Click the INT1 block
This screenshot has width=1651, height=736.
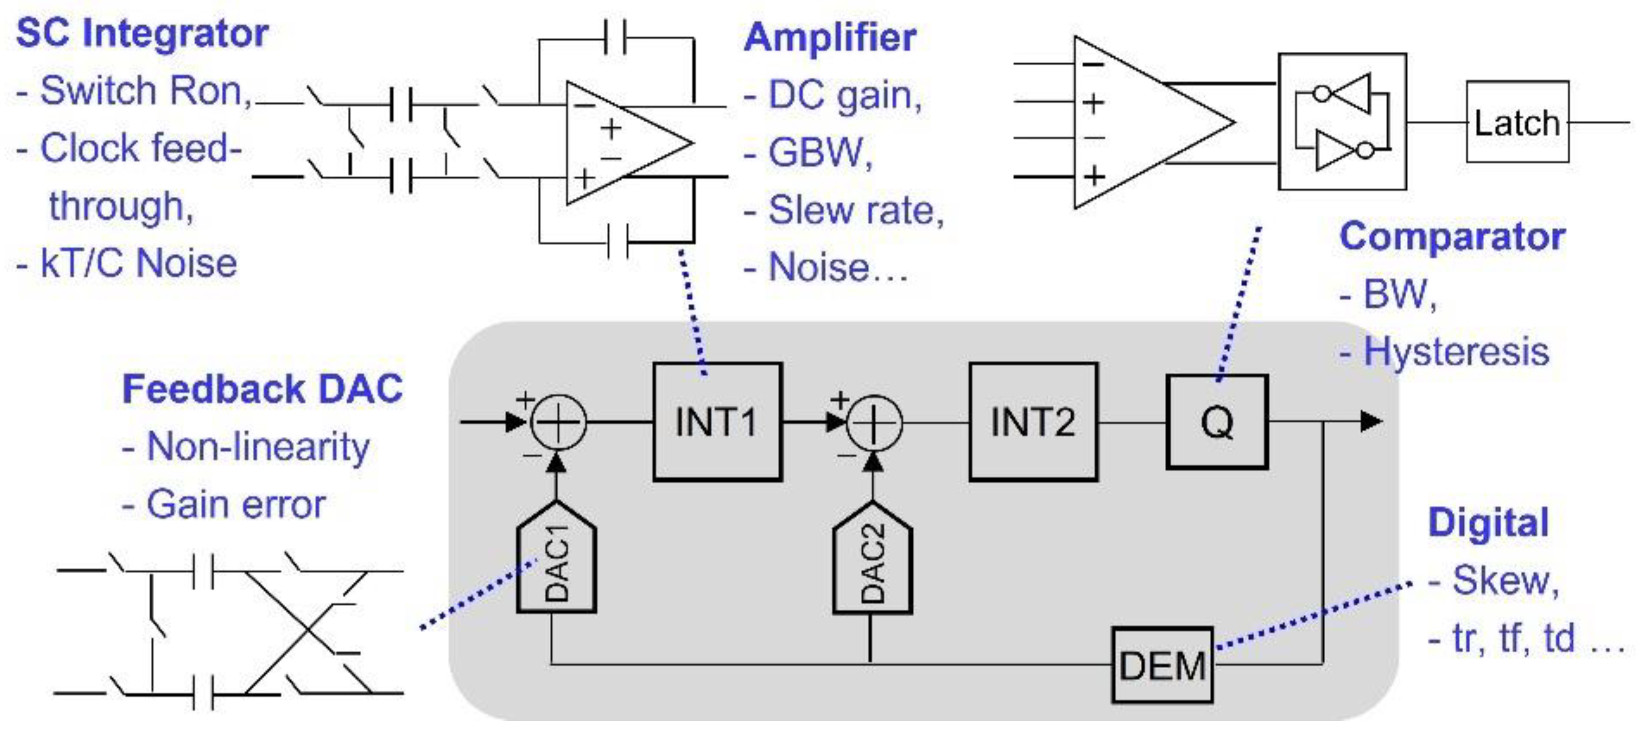coord(717,421)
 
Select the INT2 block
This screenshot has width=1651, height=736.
coord(1033,421)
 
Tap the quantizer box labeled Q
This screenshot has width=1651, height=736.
coord(1216,421)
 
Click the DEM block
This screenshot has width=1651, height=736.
coord(1162,665)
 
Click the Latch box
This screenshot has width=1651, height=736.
coord(1517,121)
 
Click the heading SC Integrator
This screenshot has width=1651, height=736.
coord(142,33)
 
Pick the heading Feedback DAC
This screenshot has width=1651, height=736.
coord(262,389)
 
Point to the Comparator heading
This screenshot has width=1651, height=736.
coord(1452,237)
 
